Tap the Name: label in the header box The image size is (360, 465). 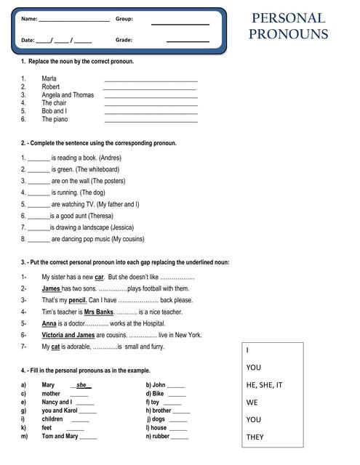pyautogui.click(x=29, y=19)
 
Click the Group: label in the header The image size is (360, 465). pyautogui.click(x=124, y=19)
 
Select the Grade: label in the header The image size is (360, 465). pyautogui.click(x=124, y=40)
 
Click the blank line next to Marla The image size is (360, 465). pyautogui.click(x=151, y=78)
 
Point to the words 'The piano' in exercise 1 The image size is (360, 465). pyautogui.click(x=55, y=119)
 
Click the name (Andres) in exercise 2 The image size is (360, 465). pyautogui.click(x=108, y=158)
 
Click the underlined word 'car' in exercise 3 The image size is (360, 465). pyautogui.click(x=100, y=277)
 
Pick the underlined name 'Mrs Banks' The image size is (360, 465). pyautogui.click(x=98, y=312)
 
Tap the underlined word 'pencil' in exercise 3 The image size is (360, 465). pyautogui.click(x=77, y=300)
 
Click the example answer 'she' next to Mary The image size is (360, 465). pyautogui.click(x=81, y=385)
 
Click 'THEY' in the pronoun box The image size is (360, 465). pyautogui.click(x=256, y=437)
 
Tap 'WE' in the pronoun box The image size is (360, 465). pyautogui.click(x=252, y=402)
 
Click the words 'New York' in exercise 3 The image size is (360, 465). pyautogui.click(x=185, y=335)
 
